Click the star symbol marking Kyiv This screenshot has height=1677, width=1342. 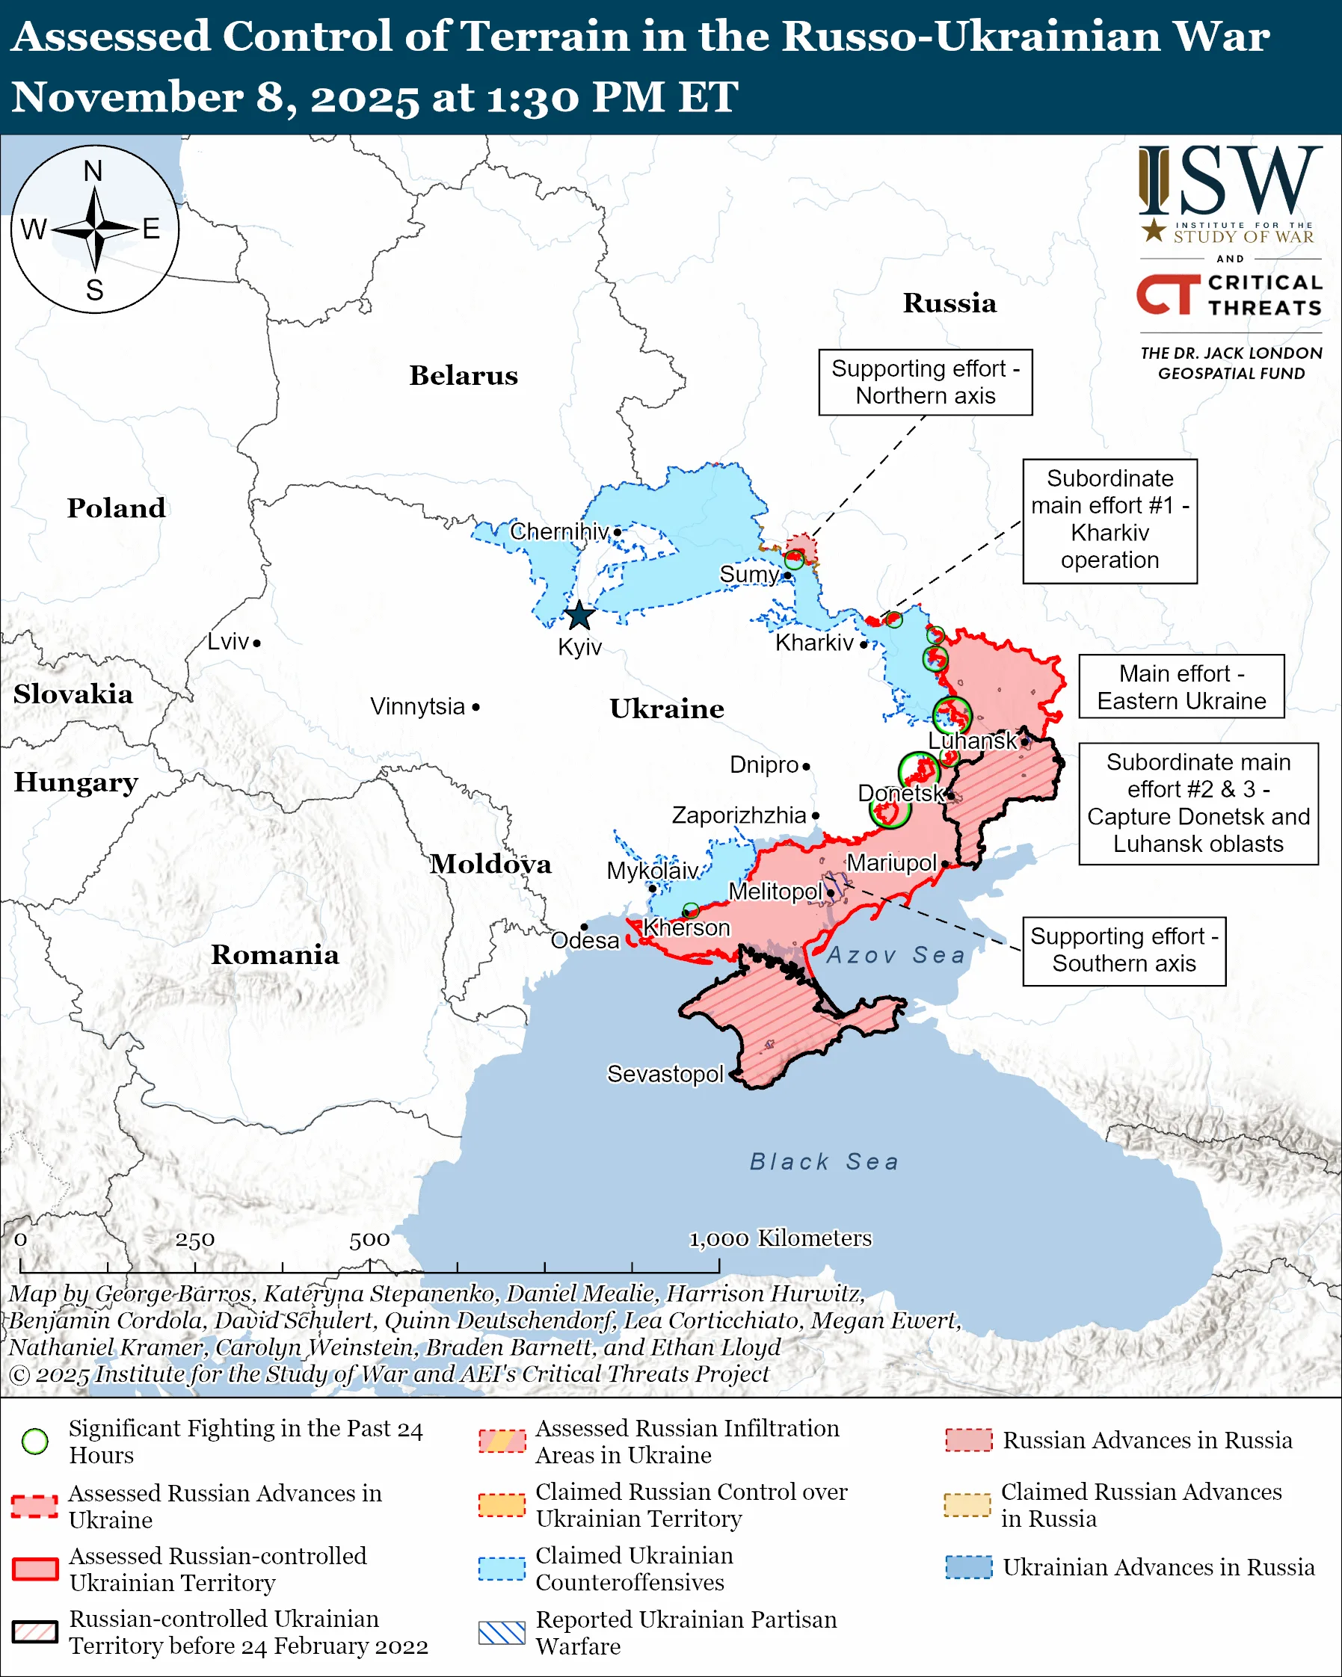point(579,616)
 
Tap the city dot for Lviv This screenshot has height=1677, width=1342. point(256,643)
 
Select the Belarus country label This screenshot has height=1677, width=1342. point(464,376)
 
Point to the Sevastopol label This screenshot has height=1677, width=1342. point(665,1074)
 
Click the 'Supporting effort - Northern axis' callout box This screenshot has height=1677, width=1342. point(925,382)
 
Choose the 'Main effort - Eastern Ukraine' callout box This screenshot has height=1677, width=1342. point(1181,687)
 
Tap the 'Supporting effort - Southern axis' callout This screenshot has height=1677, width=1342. point(1124,951)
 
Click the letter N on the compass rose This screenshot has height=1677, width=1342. point(93,171)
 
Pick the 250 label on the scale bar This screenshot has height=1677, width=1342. point(194,1240)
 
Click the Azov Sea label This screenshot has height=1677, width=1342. point(896,955)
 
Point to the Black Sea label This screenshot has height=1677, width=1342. point(824,1162)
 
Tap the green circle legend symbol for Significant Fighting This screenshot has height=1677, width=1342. point(35,1442)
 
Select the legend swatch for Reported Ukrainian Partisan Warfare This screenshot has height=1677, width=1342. point(502,1633)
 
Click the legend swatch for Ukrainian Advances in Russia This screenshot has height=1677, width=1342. point(969,1567)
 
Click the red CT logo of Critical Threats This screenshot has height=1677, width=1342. point(1169,294)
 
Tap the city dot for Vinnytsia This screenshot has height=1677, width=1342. point(476,707)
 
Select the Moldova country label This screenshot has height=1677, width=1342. point(491,864)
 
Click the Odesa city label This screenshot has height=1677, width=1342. point(585,941)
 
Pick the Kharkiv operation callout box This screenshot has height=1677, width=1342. point(1109,520)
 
